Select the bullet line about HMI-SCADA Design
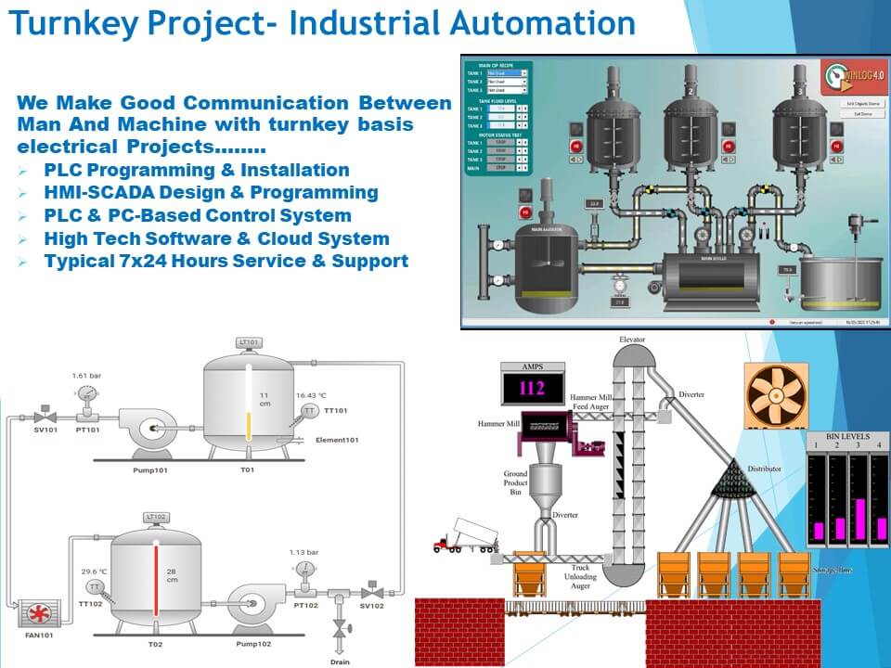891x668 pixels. (x=211, y=193)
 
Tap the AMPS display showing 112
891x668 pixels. (x=532, y=388)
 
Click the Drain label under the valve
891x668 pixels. (x=340, y=662)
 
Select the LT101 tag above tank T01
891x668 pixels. (x=250, y=342)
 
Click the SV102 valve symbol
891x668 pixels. (x=371, y=591)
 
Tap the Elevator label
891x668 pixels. (x=632, y=340)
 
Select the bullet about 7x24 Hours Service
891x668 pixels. (x=226, y=261)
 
